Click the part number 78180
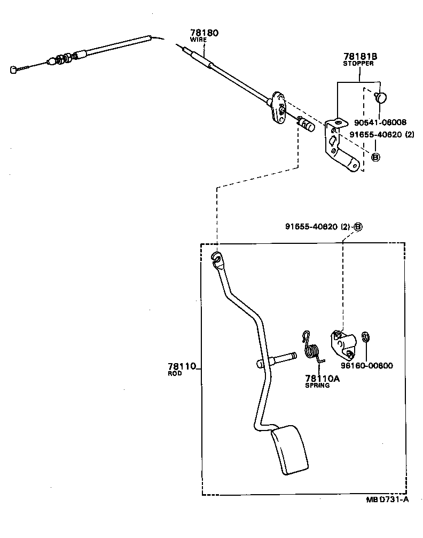coord(204,33)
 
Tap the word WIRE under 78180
coord(198,40)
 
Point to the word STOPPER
coord(358,63)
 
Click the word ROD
coord(175,374)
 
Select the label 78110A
coord(322,378)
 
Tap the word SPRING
coord(317,385)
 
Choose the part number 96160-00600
coord(367,366)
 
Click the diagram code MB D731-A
coord(388,500)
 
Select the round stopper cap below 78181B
coord(380,97)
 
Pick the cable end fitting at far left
coord(14,69)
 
